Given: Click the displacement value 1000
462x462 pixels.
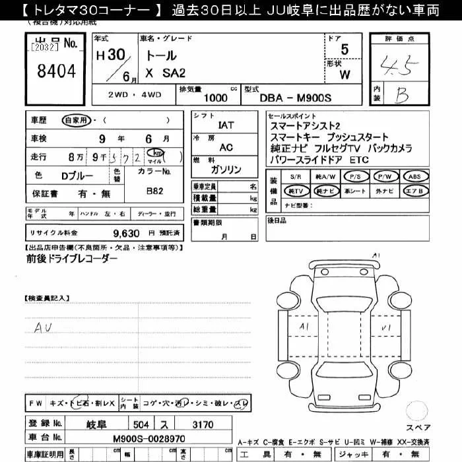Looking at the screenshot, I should tap(216, 98).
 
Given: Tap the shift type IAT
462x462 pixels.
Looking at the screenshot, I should tap(226, 125).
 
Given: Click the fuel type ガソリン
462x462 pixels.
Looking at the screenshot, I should tap(226, 170).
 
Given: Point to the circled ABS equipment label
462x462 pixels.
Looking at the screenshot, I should tap(414, 177).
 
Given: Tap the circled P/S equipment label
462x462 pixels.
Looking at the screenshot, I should tap(354, 177).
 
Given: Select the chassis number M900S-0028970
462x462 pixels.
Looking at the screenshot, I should tap(148, 438).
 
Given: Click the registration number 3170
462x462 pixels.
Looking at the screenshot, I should tap(202, 424).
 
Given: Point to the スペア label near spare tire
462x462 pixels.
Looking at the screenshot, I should tap(418, 427).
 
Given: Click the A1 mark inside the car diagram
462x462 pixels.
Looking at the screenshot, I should tap(304, 327).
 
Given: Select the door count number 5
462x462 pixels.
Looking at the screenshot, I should tap(345, 50).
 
